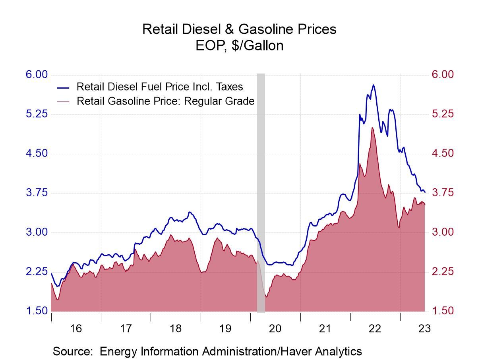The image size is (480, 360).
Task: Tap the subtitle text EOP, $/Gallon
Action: point(240,46)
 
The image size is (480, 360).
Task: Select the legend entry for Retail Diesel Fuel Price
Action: point(159,87)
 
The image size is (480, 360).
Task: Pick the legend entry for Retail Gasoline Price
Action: point(165,101)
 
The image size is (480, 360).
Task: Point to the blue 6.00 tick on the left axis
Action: point(37,75)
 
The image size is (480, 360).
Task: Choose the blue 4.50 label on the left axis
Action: point(37,153)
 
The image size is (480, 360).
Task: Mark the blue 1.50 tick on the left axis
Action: point(37,311)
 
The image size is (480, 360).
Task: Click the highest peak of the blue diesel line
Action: point(373,85)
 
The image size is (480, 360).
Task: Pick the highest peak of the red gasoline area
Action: point(372,128)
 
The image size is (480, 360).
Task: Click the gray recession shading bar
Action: point(261,191)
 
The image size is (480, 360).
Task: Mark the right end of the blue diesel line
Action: point(425,192)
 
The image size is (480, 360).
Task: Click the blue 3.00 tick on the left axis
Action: point(37,232)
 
